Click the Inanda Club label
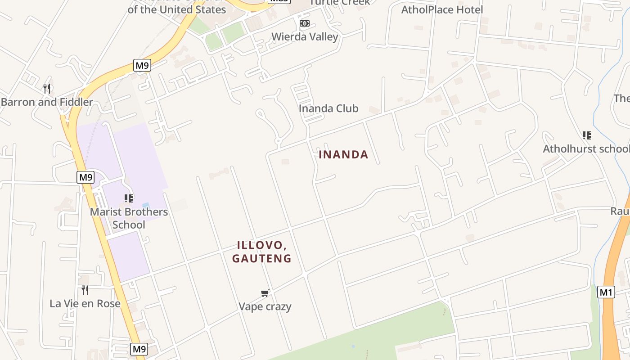[328, 108]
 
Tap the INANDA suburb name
[343, 155]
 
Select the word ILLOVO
[261, 246]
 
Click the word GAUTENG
[261, 259]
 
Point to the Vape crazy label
[265, 306]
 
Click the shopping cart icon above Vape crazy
[265, 293]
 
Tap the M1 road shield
[606, 292]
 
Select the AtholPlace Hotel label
[442, 9]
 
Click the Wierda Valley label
[305, 36]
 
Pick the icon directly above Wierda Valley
[305, 23]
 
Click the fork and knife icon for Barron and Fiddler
[47, 88]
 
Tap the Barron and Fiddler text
[47, 102]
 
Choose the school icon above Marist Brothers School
[129, 198]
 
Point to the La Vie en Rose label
[85, 303]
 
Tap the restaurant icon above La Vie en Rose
[85, 290]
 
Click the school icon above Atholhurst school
[586, 135]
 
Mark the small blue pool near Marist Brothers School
[145, 205]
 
